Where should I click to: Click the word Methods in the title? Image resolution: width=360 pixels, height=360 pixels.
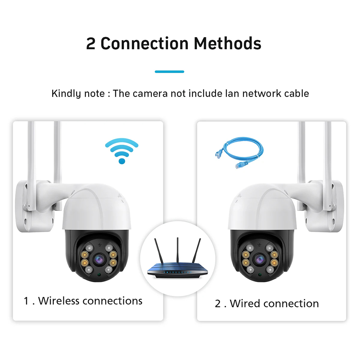pos(228,43)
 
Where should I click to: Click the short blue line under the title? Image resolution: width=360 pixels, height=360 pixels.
pos(169,72)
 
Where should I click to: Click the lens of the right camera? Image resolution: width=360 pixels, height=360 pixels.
pos(259,258)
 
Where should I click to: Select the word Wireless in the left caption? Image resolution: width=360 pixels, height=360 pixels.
pos(59,301)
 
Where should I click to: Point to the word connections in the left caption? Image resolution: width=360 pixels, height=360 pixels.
pos(112,301)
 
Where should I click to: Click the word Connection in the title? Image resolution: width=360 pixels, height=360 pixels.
pos(144,43)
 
